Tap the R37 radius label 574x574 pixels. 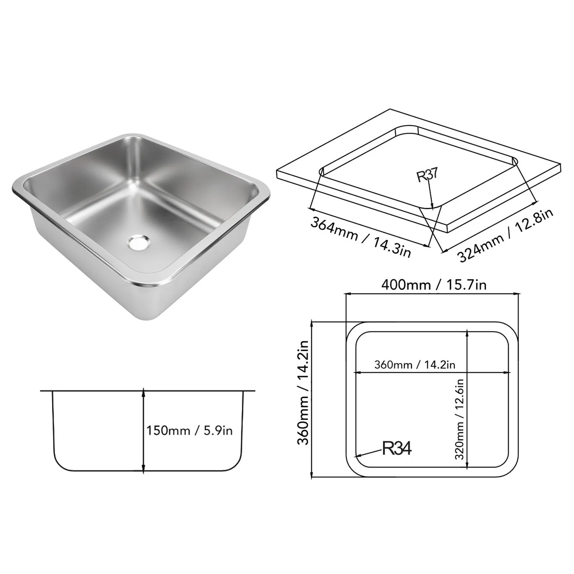point(427,175)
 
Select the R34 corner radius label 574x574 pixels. point(397,448)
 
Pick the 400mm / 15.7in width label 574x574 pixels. point(433,285)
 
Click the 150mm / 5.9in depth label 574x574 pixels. point(189,430)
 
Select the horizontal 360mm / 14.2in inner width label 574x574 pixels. point(415,365)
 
